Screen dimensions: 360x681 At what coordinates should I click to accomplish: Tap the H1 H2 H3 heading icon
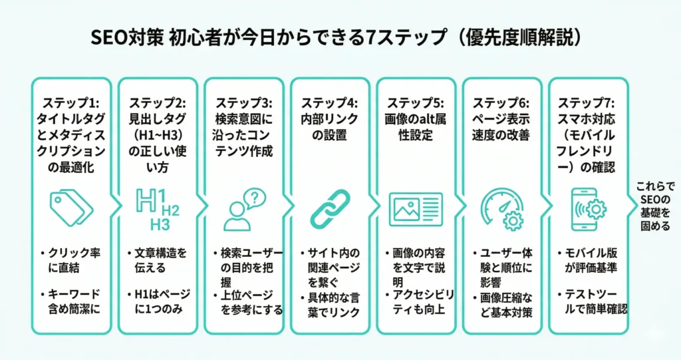pyautogui.click(x=158, y=208)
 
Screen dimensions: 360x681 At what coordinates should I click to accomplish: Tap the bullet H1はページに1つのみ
pyautogui.click(x=158, y=301)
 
